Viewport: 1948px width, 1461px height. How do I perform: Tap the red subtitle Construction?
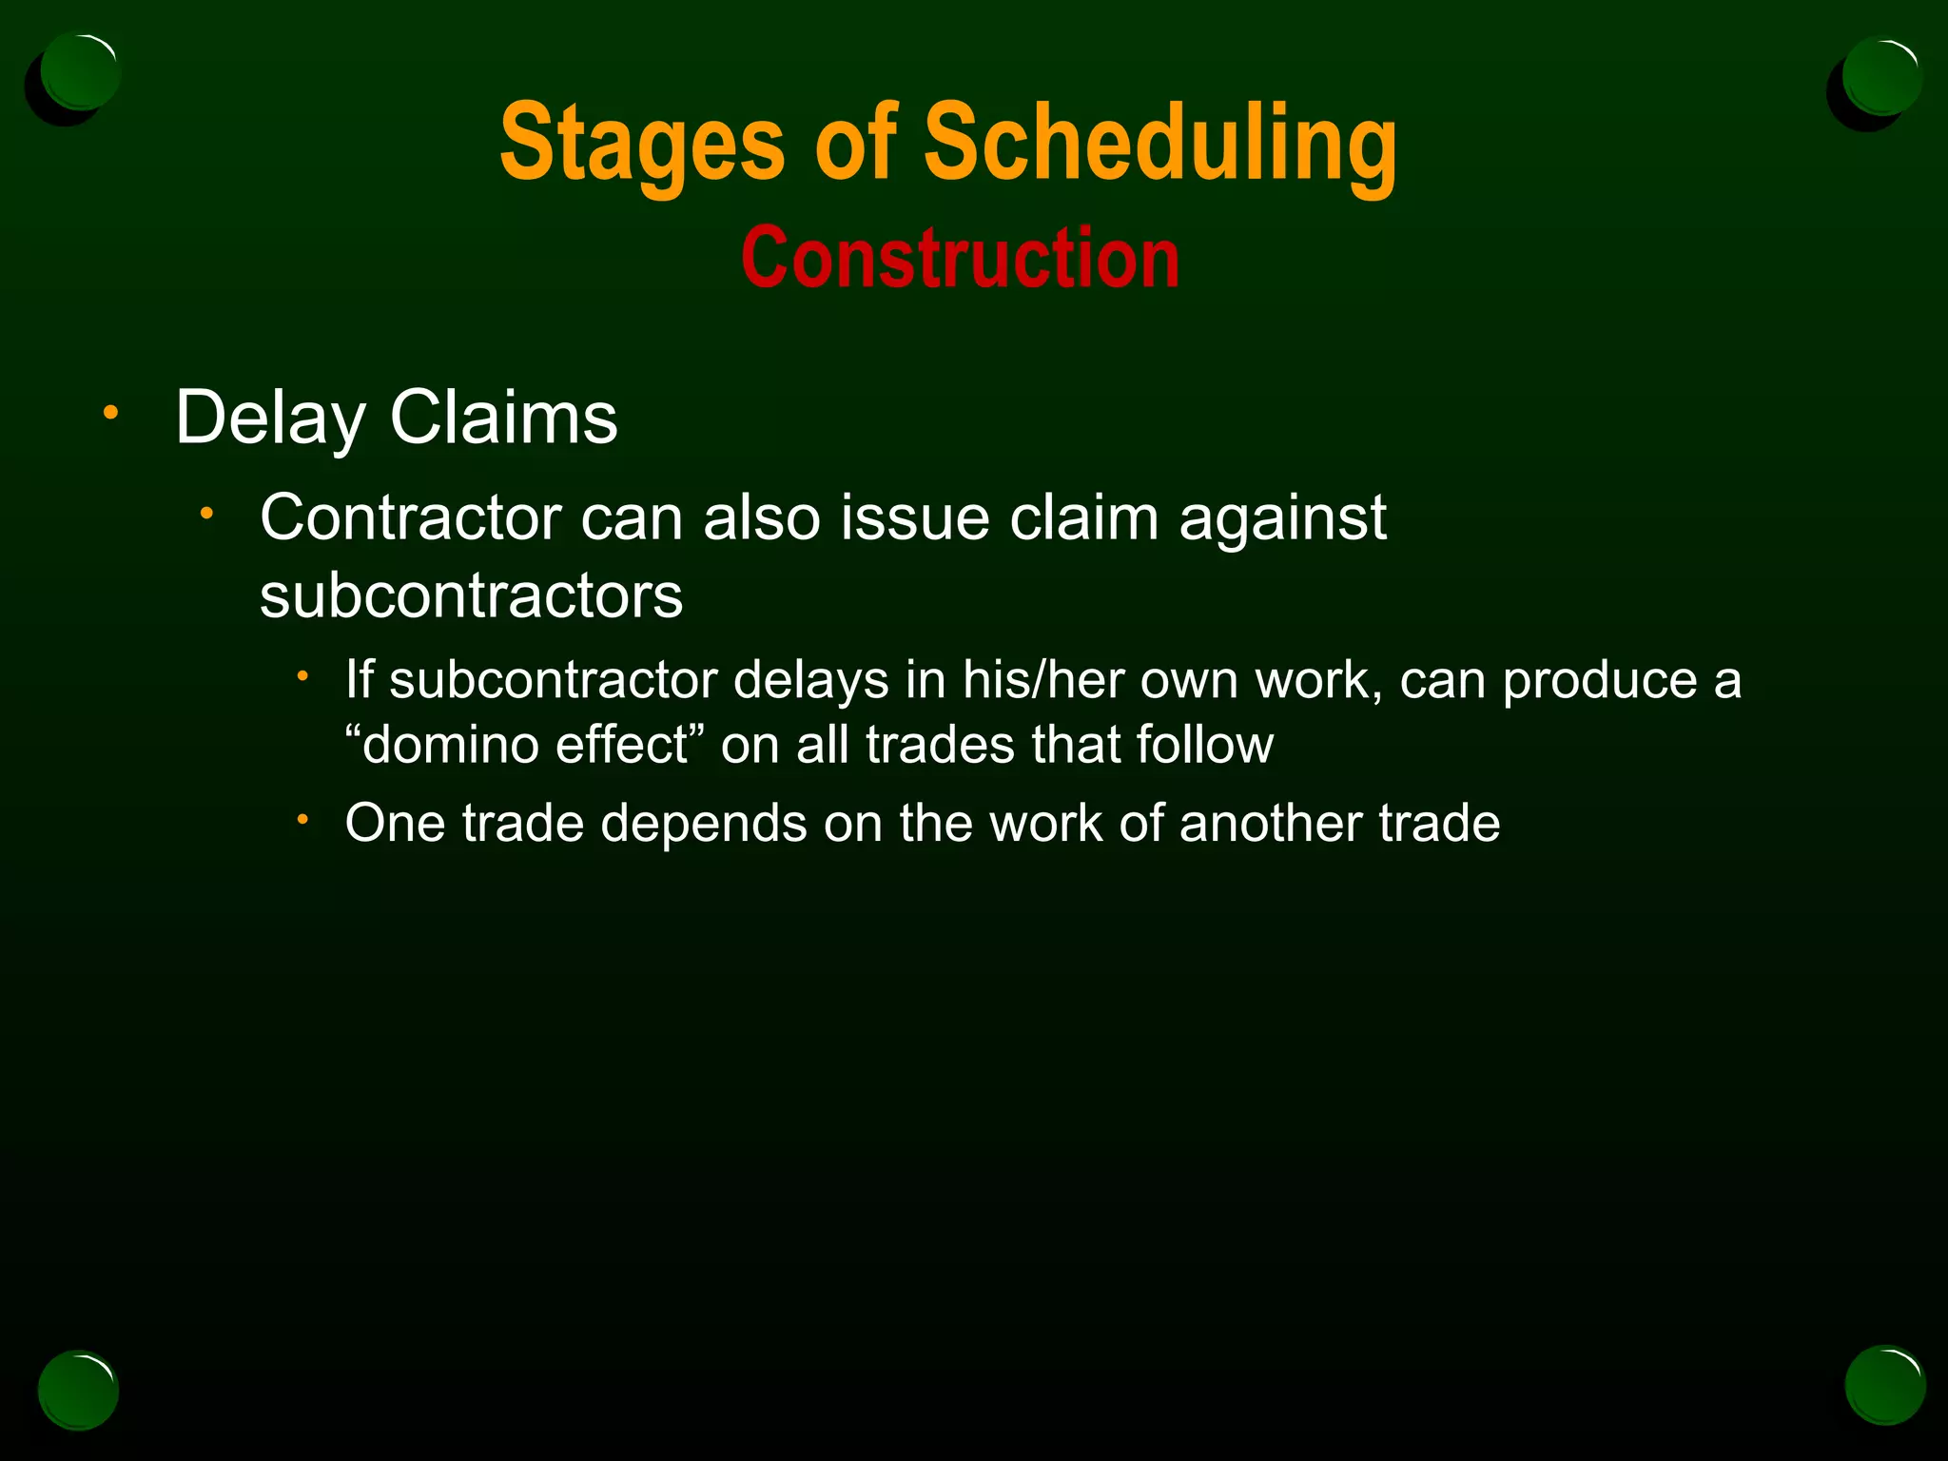(961, 259)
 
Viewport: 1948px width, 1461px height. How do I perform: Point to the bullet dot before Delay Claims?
(111, 413)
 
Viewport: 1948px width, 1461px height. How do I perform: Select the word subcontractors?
(471, 596)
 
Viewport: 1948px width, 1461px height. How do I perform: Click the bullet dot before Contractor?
(205, 515)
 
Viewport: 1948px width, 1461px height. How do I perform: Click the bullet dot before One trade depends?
(302, 820)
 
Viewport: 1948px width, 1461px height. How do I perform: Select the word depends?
(704, 824)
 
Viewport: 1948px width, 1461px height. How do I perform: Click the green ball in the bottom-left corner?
(78, 1390)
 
